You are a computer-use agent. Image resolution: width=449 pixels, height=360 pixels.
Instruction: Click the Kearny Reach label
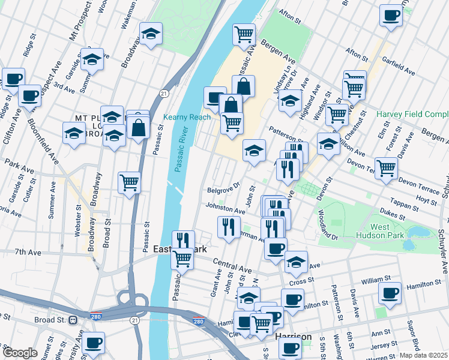pyautogui.click(x=187, y=117)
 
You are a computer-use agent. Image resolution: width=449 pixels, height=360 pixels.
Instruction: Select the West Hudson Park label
pyautogui.click(x=388, y=232)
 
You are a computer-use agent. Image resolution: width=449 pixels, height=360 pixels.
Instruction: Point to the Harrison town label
pyautogui.click(x=294, y=337)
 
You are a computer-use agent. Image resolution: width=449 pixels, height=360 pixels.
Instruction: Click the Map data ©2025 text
pyautogui.click(x=424, y=355)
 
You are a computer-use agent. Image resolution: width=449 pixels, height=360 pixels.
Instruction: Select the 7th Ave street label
pyautogui.click(x=28, y=253)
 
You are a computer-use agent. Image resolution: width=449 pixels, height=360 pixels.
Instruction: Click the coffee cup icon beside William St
pyautogui.click(x=390, y=293)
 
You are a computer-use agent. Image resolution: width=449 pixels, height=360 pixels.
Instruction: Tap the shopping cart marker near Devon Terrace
pyautogui.click(x=386, y=168)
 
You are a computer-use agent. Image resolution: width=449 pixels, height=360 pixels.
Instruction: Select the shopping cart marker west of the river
pyautogui.click(x=130, y=183)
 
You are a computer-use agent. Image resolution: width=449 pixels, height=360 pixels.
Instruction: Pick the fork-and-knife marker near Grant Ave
pyautogui.click(x=228, y=227)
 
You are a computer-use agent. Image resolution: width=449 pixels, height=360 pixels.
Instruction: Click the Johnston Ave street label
pyautogui.click(x=226, y=209)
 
